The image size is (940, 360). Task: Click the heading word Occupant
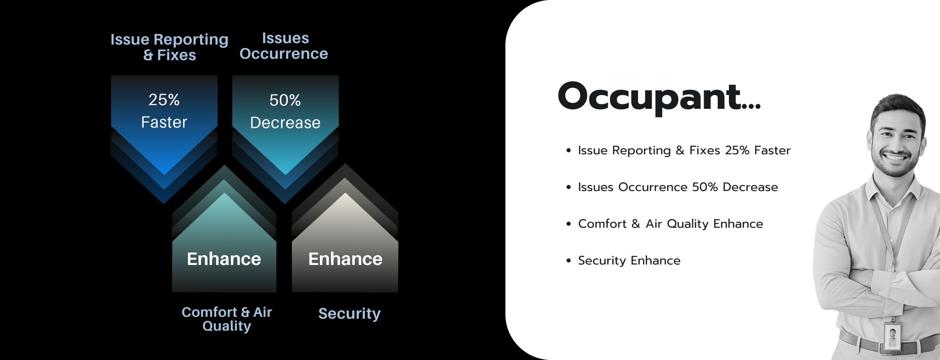tap(659, 96)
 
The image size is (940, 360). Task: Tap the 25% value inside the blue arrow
tap(164, 100)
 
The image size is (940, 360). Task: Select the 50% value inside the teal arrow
tap(285, 100)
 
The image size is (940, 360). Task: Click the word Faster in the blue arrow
tap(164, 122)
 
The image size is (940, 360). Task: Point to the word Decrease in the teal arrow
tap(285, 123)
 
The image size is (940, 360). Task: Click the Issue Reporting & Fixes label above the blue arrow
tap(169, 47)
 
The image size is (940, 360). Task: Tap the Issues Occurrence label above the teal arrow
tap(284, 46)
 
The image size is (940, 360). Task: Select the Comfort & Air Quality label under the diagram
tap(227, 319)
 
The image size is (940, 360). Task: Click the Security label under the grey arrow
tap(350, 314)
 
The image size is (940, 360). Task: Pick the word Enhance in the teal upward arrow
tap(224, 259)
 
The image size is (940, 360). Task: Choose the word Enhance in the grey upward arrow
tap(345, 259)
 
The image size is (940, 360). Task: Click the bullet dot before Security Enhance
tap(569, 260)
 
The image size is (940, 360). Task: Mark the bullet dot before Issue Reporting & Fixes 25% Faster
tap(569, 150)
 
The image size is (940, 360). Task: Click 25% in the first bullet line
tap(737, 150)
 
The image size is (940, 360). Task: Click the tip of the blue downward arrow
tap(164, 174)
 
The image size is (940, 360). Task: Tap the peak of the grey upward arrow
tap(345, 193)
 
